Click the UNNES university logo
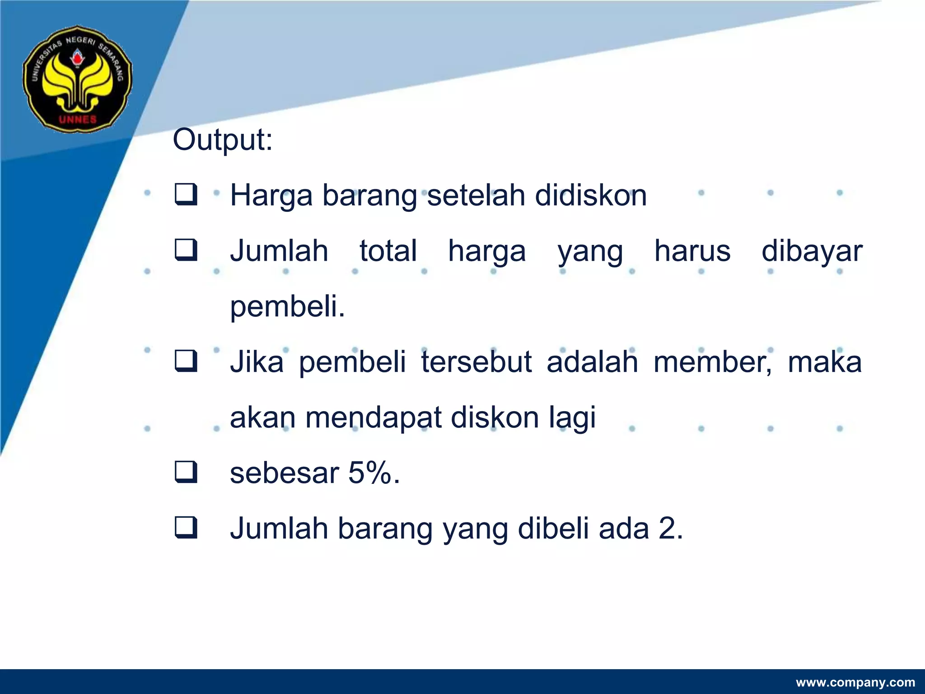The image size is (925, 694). click(x=78, y=79)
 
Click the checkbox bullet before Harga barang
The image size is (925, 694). click(x=186, y=195)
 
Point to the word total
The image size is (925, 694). click(x=388, y=251)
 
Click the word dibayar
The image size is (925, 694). click(x=812, y=251)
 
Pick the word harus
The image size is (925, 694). click(x=692, y=251)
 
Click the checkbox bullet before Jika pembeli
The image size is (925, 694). click(x=186, y=361)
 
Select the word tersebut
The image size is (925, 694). click(x=476, y=362)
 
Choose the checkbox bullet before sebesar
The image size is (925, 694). click(x=186, y=473)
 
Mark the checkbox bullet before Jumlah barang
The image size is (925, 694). click(x=186, y=528)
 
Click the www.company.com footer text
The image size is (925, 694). click(x=855, y=682)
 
